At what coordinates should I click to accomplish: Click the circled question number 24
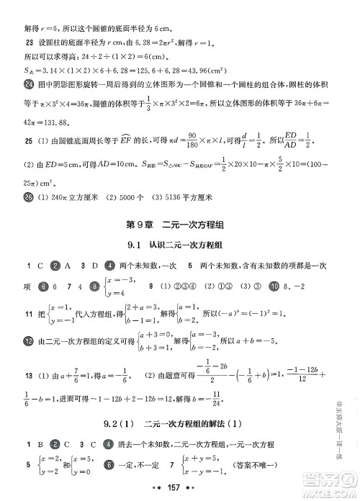click(x=20, y=85)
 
